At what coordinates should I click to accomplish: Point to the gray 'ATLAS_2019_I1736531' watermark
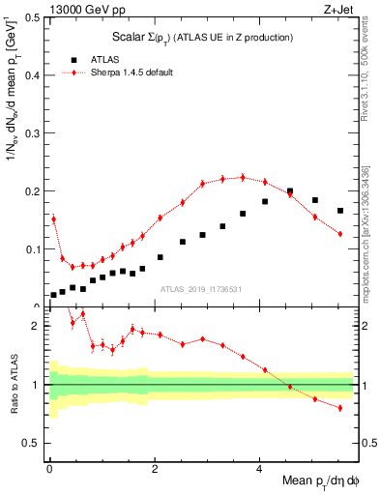(x=201, y=288)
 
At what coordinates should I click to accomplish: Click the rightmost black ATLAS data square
(x=340, y=211)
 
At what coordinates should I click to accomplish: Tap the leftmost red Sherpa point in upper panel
(x=53, y=219)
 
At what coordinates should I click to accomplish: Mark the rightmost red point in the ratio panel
(x=340, y=408)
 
